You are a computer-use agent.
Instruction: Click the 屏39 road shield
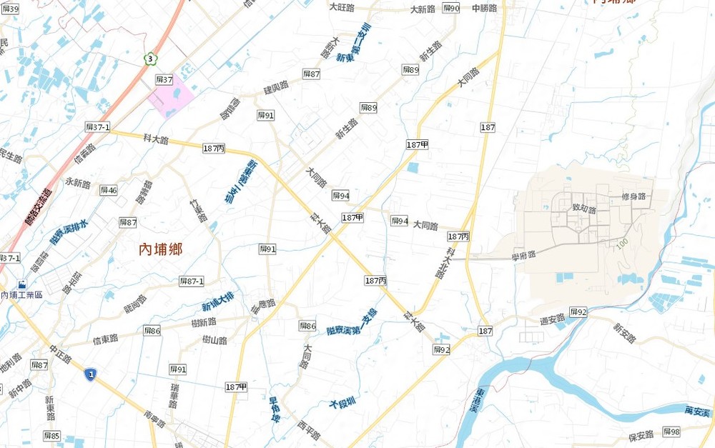[10, 9]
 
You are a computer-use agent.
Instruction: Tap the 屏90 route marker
[451, 9]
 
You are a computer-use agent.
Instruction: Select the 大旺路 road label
[342, 7]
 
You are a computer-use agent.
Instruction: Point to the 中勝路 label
[485, 9]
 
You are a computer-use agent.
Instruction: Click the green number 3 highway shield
[150, 59]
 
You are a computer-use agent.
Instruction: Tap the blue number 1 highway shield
[90, 374]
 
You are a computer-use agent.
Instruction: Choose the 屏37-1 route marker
[97, 127]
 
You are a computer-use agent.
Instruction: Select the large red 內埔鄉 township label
[160, 249]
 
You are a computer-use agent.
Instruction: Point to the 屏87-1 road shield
[192, 282]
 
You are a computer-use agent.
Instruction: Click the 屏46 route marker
[109, 190]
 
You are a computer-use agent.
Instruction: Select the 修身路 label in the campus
[633, 196]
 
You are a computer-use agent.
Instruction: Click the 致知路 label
[584, 209]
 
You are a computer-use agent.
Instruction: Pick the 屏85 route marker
[51, 435]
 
